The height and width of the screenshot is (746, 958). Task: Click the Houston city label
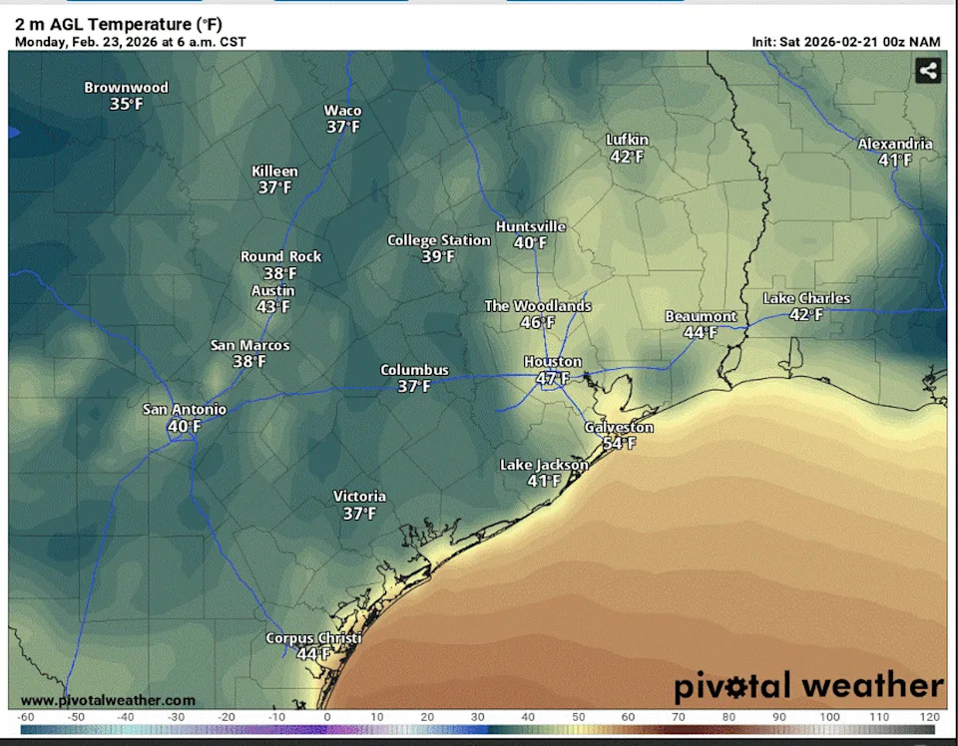(553, 361)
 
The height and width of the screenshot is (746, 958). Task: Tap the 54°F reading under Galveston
(619, 444)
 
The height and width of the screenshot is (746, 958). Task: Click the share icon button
(927, 71)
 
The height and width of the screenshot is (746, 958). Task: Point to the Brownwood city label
(126, 88)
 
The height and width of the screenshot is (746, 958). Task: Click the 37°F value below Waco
(343, 127)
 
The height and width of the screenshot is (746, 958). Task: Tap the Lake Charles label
(806, 298)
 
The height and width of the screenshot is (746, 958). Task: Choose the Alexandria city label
(895, 144)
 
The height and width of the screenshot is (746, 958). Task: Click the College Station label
(438, 240)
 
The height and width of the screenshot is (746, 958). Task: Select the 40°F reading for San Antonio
(185, 427)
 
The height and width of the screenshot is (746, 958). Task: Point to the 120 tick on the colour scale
(930, 717)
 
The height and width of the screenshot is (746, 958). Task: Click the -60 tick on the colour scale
(27, 717)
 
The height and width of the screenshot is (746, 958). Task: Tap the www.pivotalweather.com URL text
(108, 700)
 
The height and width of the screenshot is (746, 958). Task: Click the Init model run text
(847, 42)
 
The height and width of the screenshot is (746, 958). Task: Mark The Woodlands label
(537, 306)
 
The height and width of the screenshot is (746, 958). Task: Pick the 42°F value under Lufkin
(627, 157)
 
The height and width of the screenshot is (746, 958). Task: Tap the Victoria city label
(359, 497)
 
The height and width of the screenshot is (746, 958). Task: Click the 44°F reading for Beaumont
(701, 333)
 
